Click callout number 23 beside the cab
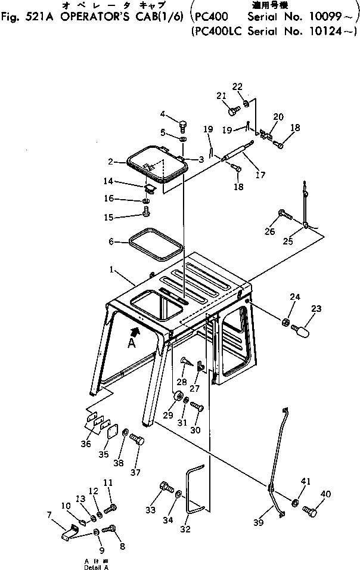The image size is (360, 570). tap(316, 308)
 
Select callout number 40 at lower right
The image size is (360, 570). tap(325, 493)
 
